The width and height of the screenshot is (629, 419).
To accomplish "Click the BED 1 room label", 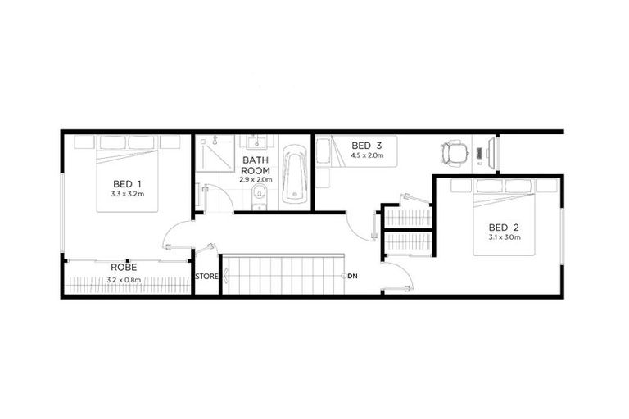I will [x=127, y=183].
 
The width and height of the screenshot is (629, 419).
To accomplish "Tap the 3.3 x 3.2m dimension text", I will [x=127, y=195].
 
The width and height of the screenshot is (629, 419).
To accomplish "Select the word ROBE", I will [x=124, y=267].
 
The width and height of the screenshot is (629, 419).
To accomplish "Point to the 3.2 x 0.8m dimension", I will [x=124, y=280].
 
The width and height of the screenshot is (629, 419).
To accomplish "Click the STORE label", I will [x=207, y=277].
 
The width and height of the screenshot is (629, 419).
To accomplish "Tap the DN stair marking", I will [x=352, y=276].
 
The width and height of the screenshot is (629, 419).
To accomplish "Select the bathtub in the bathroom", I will [x=294, y=176].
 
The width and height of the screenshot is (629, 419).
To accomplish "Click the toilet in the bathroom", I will [x=260, y=196].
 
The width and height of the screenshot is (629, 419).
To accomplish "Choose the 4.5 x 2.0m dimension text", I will [x=367, y=155].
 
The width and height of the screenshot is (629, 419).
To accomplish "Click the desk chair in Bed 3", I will [x=454, y=152].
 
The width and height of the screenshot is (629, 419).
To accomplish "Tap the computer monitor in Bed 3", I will [x=491, y=152].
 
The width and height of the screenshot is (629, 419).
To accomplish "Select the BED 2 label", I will [x=505, y=227].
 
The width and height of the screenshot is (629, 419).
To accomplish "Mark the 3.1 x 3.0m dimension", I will [x=505, y=237].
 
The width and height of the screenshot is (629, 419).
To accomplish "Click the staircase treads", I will [x=283, y=275].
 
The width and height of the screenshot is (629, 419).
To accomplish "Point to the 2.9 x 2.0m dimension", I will [x=256, y=179].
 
